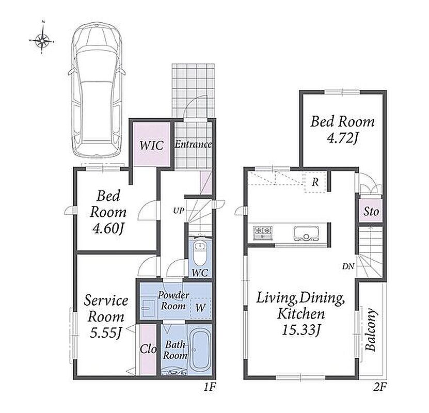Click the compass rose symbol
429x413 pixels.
[x=42, y=41]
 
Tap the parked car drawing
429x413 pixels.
[x=97, y=91]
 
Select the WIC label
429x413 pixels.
[x=151, y=145]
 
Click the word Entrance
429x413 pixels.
[x=194, y=144]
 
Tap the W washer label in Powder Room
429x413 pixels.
[x=200, y=308]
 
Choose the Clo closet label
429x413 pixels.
[x=148, y=349]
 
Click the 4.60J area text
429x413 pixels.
[x=108, y=229]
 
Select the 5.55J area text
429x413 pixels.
[x=106, y=332]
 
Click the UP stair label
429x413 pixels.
[x=179, y=211]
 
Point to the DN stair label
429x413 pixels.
[x=348, y=266]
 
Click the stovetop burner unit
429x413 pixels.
[x=263, y=233]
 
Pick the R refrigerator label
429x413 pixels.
[x=315, y=182]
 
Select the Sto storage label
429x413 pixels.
[x=371, y=212]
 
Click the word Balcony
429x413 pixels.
[x=371, y=330]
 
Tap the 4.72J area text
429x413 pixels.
[x=342, y=139]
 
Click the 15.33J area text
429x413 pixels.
[x=301, y=330]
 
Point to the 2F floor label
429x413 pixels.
[x=379, y=387]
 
